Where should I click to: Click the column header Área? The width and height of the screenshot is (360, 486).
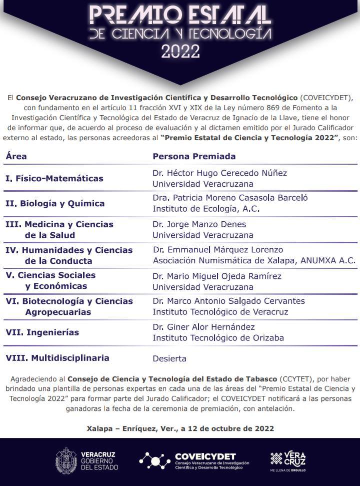pos(16,156)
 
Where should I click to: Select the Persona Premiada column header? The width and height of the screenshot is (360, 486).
pos(194,156)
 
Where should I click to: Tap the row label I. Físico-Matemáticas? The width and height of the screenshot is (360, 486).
pos(54,178)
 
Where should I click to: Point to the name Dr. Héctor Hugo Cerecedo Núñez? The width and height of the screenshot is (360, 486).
pos(220,173)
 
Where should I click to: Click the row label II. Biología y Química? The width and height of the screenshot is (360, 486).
pos(55,204)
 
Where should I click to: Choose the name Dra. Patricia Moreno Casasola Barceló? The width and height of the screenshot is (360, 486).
pos(230,198)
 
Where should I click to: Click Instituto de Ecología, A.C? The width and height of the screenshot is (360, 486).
pos(206,209)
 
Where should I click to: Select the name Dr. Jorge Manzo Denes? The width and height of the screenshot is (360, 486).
pos(199,224)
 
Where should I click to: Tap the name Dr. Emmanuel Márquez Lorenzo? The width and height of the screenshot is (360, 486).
pos(218,249)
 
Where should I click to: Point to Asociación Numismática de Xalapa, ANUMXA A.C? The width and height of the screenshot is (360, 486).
pos(254,260)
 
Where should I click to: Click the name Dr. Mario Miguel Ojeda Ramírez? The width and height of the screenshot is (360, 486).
pos(217,276)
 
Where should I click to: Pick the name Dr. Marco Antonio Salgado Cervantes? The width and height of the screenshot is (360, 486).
pos(228,301)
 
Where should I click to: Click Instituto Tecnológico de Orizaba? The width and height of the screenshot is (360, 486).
pos(218,338)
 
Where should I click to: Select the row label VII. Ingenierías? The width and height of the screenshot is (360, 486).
pos(42,332)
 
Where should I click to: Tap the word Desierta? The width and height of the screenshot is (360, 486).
pos(169,358)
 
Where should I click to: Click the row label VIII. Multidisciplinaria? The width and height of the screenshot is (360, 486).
pos(57,358)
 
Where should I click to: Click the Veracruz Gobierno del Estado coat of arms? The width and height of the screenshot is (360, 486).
pos(66,459)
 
